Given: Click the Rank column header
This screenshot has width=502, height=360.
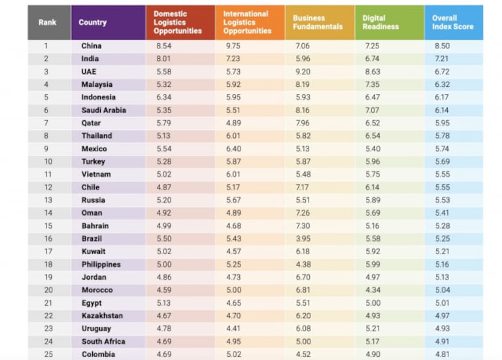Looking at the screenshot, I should (x=48, y=22).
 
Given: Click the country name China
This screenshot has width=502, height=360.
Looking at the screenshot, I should (x=92, y=46).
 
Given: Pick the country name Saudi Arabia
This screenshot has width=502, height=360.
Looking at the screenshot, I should (x=103, y=110).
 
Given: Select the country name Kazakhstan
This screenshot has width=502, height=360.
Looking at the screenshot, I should (x=101, y=316).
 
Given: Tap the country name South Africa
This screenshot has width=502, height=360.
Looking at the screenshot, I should (x=103, y=341).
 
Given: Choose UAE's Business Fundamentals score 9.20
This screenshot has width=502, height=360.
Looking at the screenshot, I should (x=302, y=71).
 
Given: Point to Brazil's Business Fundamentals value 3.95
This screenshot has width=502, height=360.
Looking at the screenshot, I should (x=302, y=238).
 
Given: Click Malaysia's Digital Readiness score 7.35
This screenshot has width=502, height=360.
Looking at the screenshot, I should (x=371, y=84).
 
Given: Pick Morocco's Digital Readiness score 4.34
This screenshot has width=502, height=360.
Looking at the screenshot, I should (x=371, y=290).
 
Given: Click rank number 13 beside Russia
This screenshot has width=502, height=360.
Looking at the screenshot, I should (x=46, y=200).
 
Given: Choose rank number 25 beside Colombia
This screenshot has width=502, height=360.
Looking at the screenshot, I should (x=46, y=354).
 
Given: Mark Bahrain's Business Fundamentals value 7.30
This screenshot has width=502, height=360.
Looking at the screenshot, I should (x=302, y=225).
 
